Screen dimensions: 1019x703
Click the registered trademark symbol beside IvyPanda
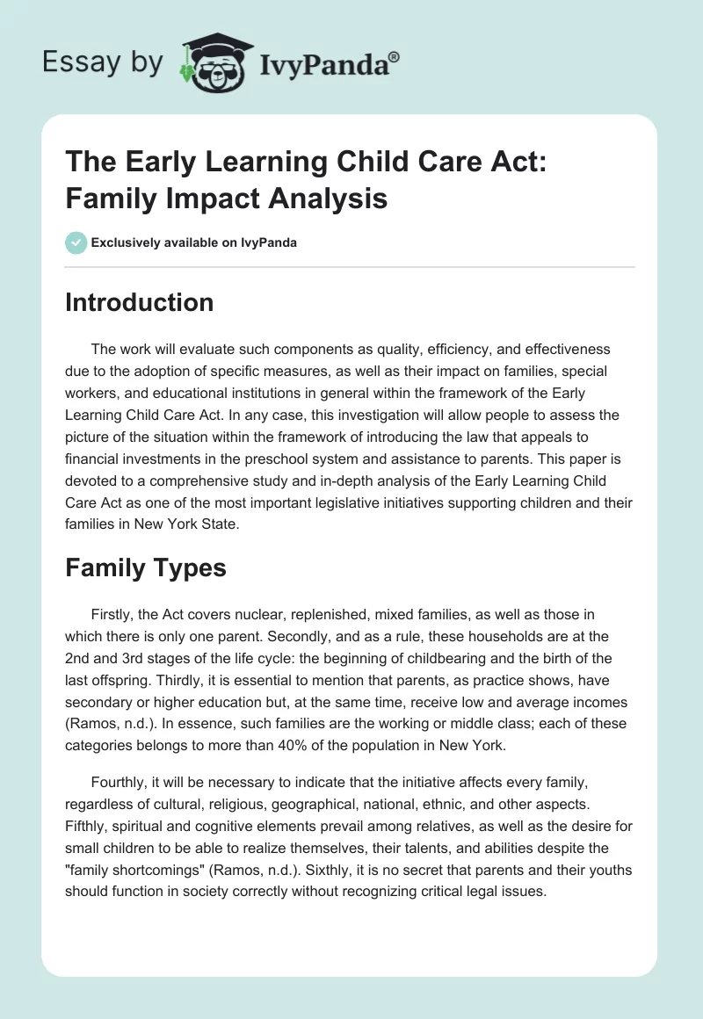395,56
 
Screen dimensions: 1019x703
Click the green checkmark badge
76,242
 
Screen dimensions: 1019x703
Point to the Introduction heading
140,302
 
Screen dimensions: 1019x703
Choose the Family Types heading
146,567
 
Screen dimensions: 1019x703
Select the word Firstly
111,614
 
